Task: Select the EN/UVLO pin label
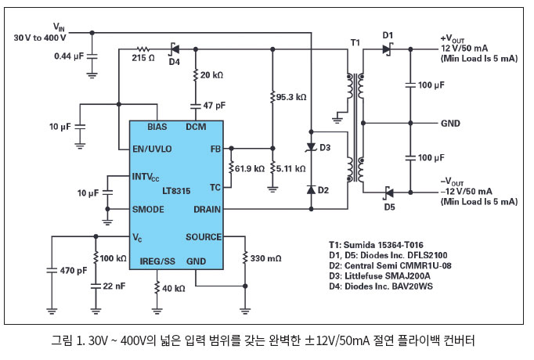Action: click(153, 149)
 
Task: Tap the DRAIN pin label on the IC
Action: click(207, 210)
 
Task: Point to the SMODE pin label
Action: click(149, 210)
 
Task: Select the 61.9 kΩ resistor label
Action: click(249, 168)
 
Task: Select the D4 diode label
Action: click(174, 61)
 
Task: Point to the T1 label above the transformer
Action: click(355, 41)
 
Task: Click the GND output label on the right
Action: click(450, 123)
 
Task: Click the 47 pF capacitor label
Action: click(214, 104)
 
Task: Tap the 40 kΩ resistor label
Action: click(173, 289)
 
